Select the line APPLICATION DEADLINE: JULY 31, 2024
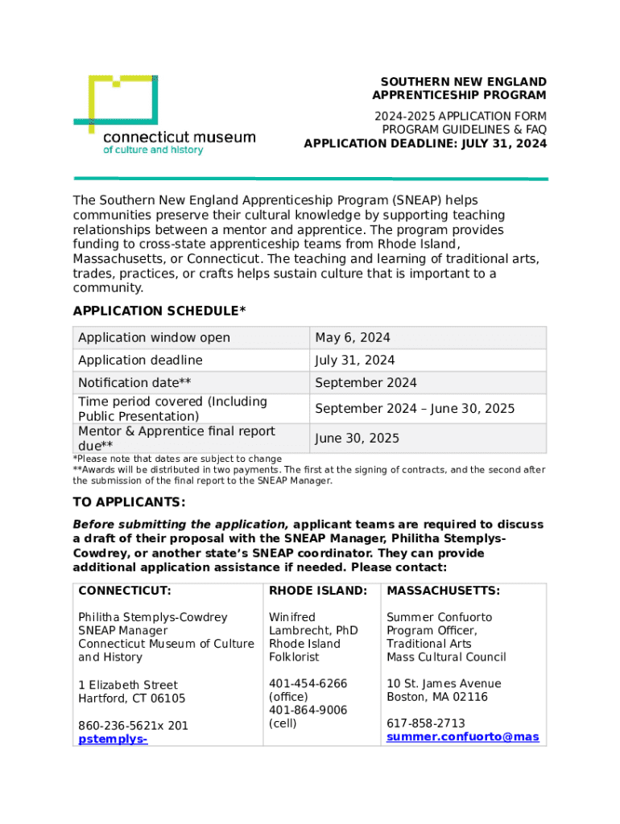pyautogui.click(x=424, y=143)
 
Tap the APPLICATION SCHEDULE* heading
pyautogui.click(x=159, y=311)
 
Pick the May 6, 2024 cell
pyautogui.click(x=352, y=337)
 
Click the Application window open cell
pyautogui.click(x=154, y=337)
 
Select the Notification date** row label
pyautogui.click(x=134, y=382)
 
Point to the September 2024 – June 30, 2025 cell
pyautogui.click(x=414, y=408)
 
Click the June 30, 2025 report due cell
pyautogui.click(x=357, y=439)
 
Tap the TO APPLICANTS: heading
pyautogui.click(x=130, y=502)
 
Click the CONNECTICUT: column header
pyautogui.click(x=125, y=591)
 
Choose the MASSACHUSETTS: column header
pyautogui.click(x=443, y=591)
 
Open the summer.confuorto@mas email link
pyautogui.click(x=462, y=736)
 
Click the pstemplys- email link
pyautogui.click(x=113, y=739)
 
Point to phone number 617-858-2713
pyautogui.click(x=425, y=723)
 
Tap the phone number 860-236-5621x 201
pyautogui.click(x=133, y=725)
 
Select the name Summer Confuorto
pyautogui.click(x=439, y=617)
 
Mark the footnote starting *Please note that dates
pyautogui.click(x=177, y=459)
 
